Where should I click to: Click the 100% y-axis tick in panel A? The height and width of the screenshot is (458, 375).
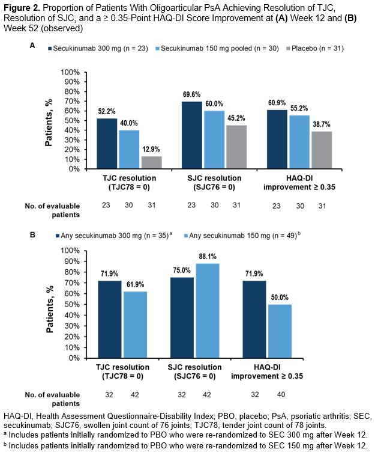point(70,72)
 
